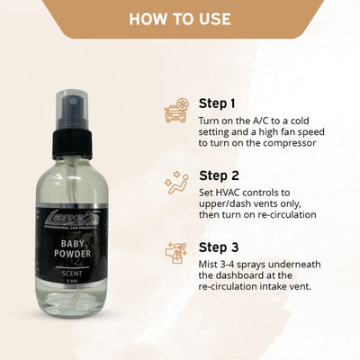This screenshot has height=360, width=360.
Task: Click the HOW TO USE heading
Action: (x=180, y=19)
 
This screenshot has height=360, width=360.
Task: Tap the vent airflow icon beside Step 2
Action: (x=175, y=185)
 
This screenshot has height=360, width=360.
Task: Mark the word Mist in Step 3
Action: (x=211, y=263)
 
